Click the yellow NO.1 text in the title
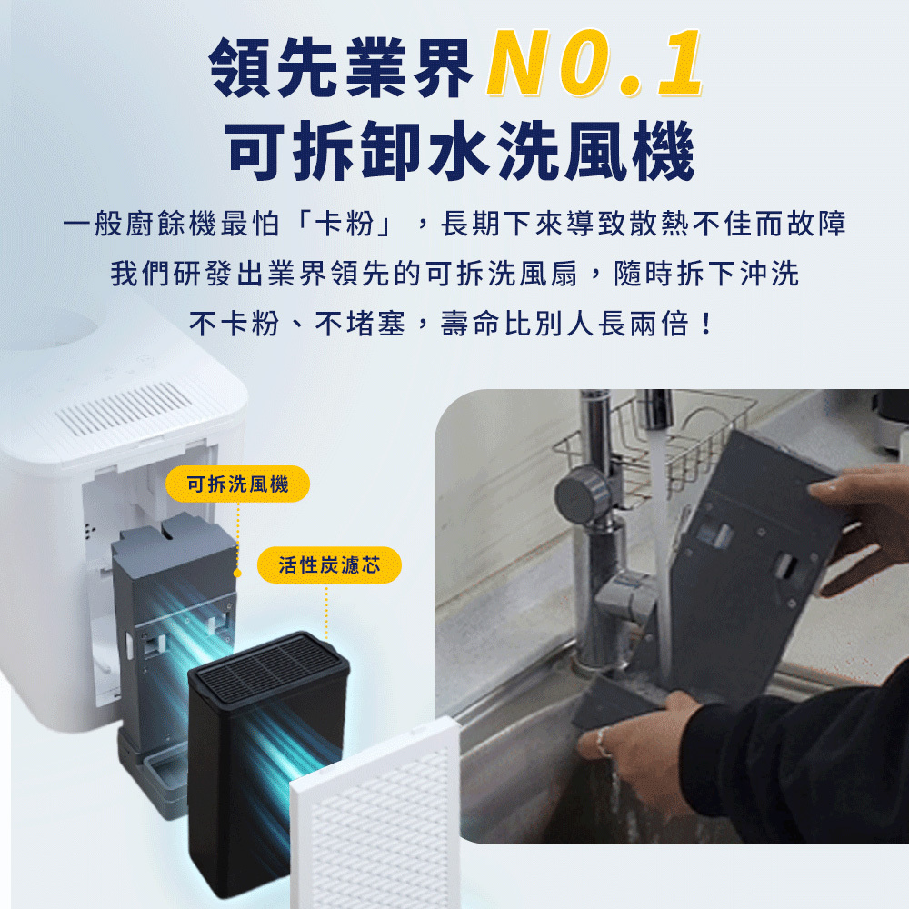594,63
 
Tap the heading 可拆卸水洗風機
460,151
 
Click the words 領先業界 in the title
342,66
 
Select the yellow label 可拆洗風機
237,484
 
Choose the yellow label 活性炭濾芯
329,564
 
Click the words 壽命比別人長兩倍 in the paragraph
564,324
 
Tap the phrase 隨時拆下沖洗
707,274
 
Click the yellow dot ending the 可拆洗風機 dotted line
237,573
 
